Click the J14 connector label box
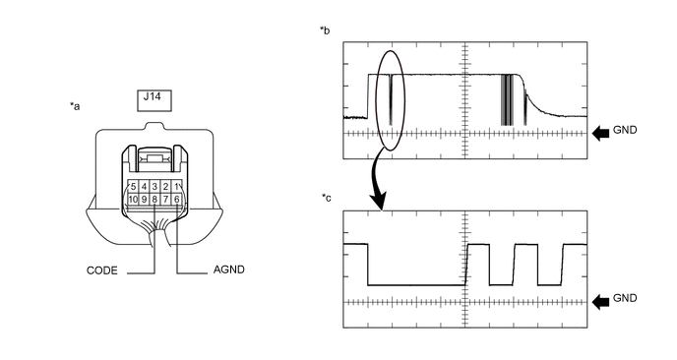tap(154, 100)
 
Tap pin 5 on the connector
tap(133, 187)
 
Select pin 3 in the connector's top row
tap(154, 187)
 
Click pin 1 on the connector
tap(176, 187)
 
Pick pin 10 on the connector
tap(133, 200)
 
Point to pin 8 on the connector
tap(154, 200)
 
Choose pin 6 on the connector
tap(176, 200)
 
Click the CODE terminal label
tap(102, 270)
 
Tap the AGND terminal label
tap(229, 270)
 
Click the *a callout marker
tap(75, 106)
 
